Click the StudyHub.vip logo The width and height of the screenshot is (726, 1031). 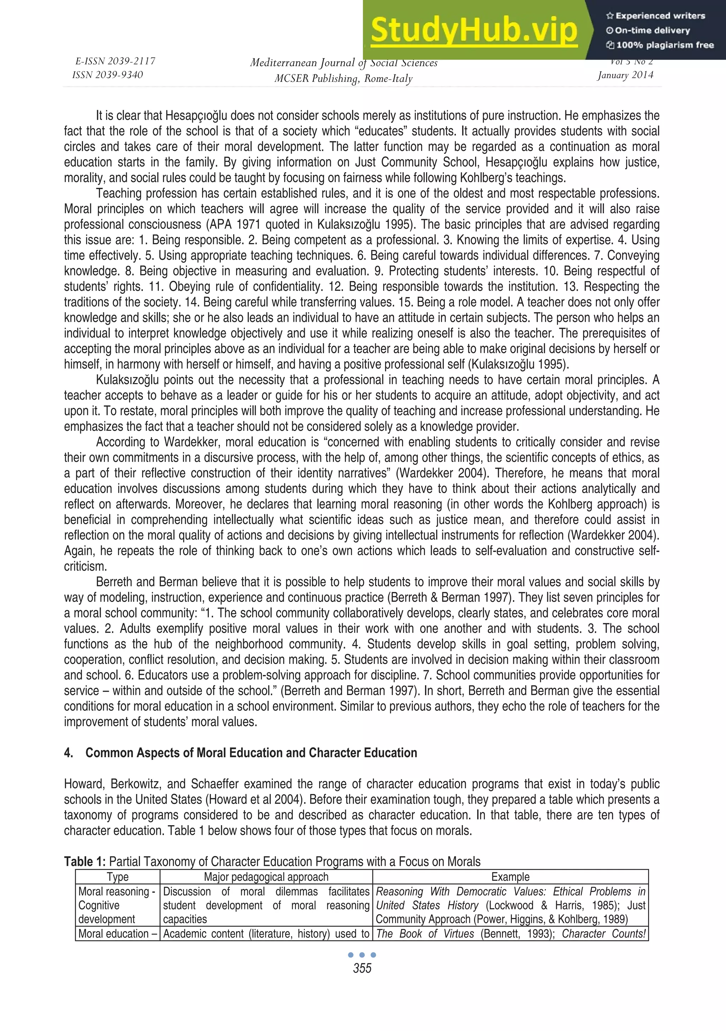tap(474, 30)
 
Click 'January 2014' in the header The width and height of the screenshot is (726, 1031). tap(625, 75)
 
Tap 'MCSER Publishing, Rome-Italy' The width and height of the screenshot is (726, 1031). tap(343, 79)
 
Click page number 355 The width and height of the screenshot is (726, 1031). tap(362, 968)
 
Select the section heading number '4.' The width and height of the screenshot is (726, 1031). tap(68, 753)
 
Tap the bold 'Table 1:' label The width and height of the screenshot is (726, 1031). tap(85, 861)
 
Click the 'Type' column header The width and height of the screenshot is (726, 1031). tap(117, 877)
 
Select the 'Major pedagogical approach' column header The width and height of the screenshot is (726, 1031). tap(266, 877)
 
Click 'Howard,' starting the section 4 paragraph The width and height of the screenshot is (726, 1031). tap(82, 784)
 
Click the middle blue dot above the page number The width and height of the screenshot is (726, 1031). tap(362, 955)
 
